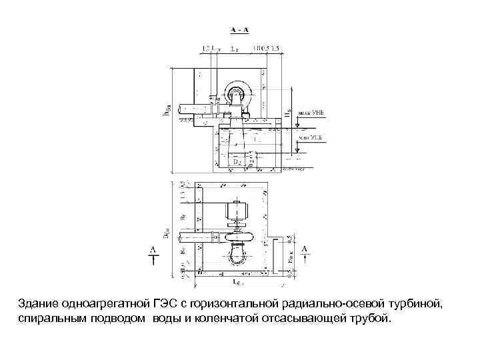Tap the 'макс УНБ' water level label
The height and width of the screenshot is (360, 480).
pyautogui.click(x=311, y=113)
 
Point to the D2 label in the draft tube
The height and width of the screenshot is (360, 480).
pyautogui.click(x=237, y=161)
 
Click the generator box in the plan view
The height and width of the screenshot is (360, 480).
pyautogui.click(x=237, y=213)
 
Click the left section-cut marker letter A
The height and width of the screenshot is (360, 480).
pyautogui.click(x=153, y=249)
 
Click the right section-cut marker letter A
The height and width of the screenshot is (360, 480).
pyautogui.click(x=305, y=249)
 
